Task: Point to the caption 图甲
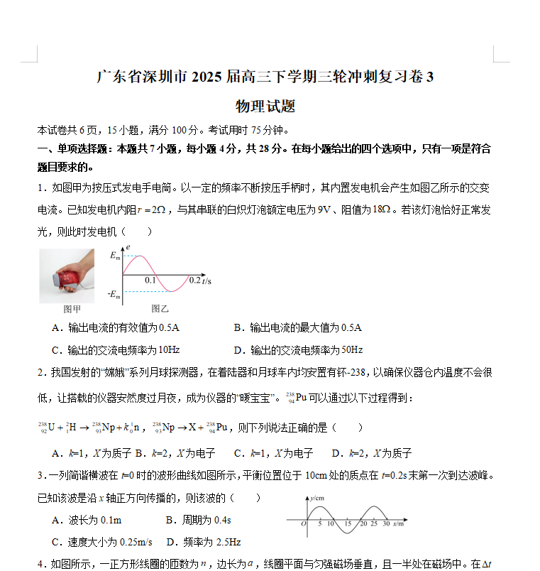coord(72,309)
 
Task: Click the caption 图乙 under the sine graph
coord(160,309)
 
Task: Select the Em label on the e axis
coord(115,257)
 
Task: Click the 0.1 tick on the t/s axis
coord(150,281)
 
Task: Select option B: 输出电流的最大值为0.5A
coord(297,327)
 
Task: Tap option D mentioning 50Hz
coord(298,349)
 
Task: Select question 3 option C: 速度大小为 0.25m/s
coord(101,542)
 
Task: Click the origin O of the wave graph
coord(304,524)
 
